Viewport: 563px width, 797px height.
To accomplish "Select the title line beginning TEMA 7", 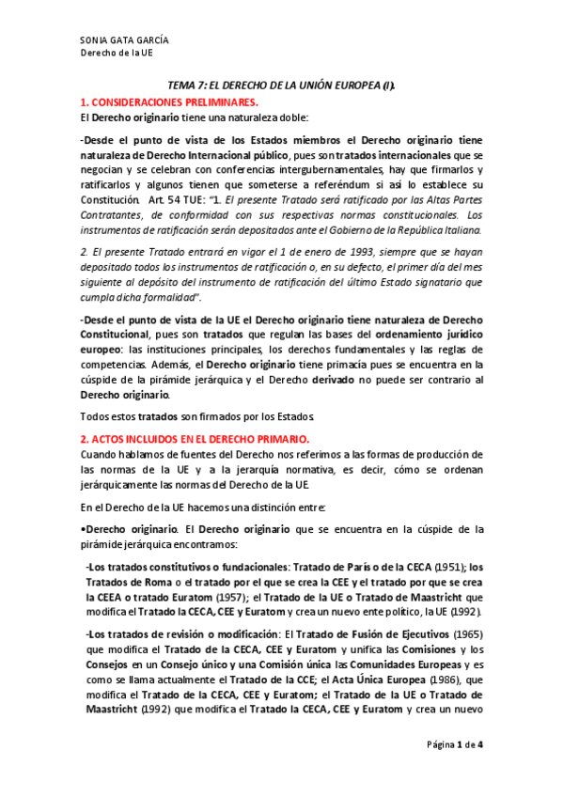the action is pos(281,85).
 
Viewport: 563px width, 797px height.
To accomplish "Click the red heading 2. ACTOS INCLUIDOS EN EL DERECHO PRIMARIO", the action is pos(195,439).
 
